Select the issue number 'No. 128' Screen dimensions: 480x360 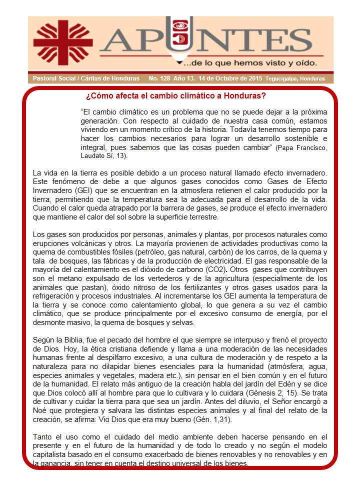(x=159, y=79)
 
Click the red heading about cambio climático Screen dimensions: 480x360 (x=175, y=95)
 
